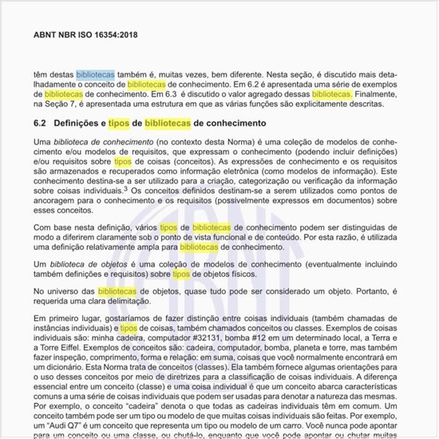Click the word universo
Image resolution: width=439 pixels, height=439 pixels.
coord(69,293)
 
